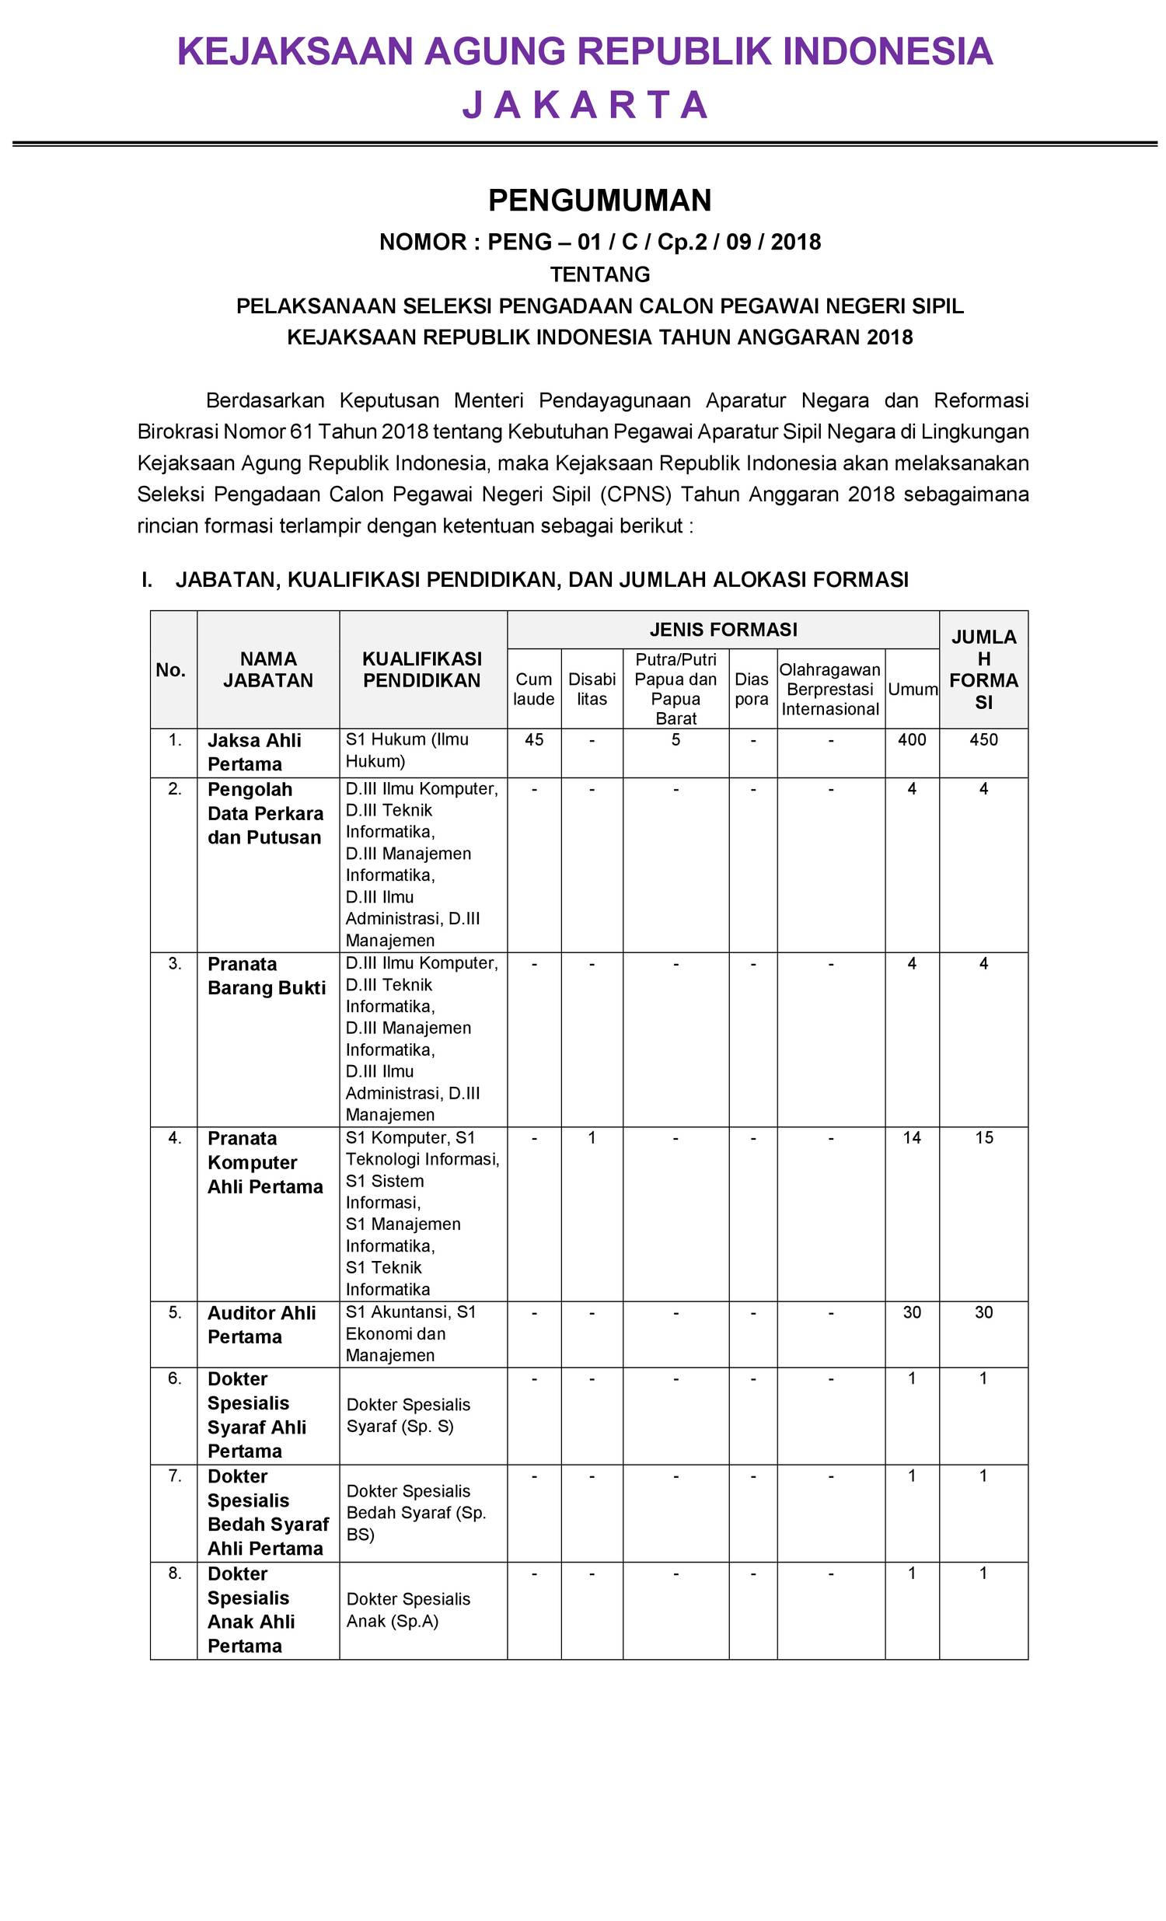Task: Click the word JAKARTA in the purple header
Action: click(x=585, y=105)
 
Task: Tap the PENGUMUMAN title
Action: click(x=599, y=201)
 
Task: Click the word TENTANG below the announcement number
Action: click(x=599, y=274)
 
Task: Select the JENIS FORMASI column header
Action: click(x=722, y=629)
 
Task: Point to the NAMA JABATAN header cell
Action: click(x=267, y=669)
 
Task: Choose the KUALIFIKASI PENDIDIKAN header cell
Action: click(x=421, y=669)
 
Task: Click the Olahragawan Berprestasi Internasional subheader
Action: click(x=830, y=690)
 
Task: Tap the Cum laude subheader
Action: click(x=533, y=690)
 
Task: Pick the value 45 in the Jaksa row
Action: click(x=534, y=740)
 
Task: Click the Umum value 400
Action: click(x=911, y=740)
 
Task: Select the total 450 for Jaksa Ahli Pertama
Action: click(x=983, y=740)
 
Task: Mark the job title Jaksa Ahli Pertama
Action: click(x=254, y=752)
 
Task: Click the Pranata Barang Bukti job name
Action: click(x=266, y=976)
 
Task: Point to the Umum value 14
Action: click(x=911, y=1137)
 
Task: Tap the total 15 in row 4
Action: click(x=983, y=1137)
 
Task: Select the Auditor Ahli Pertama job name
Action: click(x=261, y=1325)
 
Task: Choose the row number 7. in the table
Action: click(x=175, y=1476)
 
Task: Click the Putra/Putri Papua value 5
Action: click(x=676, y=740)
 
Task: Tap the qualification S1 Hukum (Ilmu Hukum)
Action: click(x=407, y=750)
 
